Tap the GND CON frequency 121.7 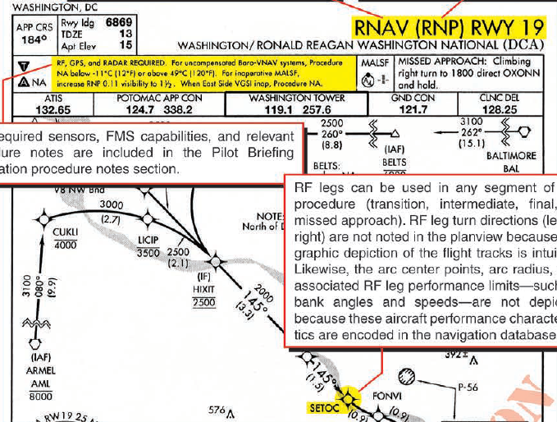tap(413, 109)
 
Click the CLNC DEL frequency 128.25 tap(497, 109)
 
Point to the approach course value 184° tap(32, 39)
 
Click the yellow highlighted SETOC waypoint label tap(322, 406)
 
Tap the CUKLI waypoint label tap(65, 232)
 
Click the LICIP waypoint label tap(148, 239)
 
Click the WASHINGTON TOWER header tap(297, 99)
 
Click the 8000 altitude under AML tap(42, 395)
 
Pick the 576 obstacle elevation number tap(216, 410)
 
